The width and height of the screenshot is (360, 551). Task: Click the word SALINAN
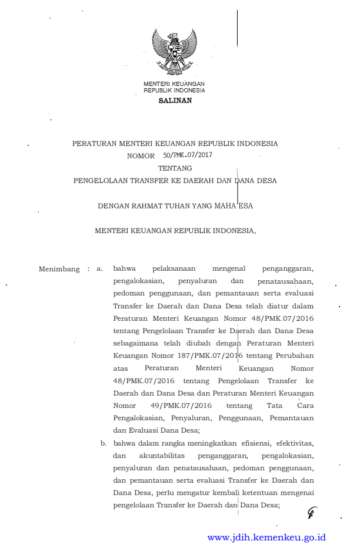[175, 101]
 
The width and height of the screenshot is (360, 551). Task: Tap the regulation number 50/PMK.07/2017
[188, 156]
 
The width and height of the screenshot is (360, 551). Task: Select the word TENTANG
[175, 168]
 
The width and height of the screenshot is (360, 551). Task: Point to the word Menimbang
[59, 269]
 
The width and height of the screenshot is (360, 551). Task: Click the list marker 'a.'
[100, 269]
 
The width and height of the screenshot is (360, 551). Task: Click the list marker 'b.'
[104, 442]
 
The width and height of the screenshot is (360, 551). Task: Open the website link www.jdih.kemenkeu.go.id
[266, 537]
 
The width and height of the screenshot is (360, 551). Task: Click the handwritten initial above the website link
[311, 513]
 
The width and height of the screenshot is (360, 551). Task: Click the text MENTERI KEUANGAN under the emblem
[174, 84]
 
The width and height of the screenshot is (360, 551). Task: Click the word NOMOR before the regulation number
[141, 157]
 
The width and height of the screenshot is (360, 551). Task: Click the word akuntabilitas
[162, 455]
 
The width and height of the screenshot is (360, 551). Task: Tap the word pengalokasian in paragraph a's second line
[139, 281]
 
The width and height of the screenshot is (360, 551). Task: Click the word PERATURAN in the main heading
[94, 144]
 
